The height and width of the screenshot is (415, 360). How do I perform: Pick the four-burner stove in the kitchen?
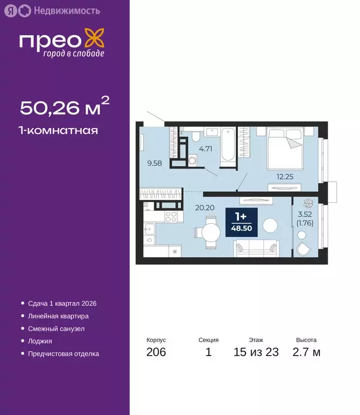171,217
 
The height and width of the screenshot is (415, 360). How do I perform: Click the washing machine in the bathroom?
192,159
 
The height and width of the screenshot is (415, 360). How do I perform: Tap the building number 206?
156,352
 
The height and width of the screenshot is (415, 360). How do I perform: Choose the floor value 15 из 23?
256,352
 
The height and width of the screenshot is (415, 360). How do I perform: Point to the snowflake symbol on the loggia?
308,204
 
